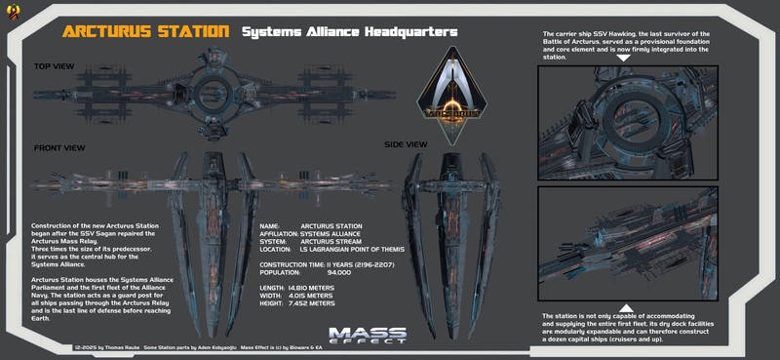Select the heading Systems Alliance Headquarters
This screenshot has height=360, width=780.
(x=349, y=31)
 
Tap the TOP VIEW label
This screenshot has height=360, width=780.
(x=56, y=67)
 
